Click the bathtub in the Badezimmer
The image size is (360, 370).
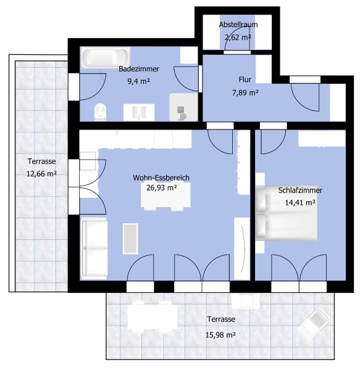pos(106,57)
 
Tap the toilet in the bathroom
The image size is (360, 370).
pos(101,112)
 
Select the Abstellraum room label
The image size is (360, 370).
pos(238,25)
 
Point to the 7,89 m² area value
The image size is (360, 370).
pos(245,92)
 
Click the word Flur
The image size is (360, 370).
pos(245,80)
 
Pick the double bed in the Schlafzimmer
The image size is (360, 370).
pos(287,213)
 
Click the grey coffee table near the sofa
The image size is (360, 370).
pos(130,239)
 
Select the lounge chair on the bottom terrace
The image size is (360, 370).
pos(314,323)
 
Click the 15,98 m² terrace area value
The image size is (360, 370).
pos(220,335)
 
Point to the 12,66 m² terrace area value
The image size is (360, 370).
pos(41,174)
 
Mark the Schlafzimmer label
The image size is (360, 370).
pos(300,190)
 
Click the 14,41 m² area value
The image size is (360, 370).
pos(300,202)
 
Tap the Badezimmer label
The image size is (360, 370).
pos(139,69)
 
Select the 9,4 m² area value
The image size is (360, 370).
pos(139,81)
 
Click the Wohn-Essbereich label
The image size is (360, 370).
pos(161,178)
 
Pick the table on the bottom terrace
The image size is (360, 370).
pos(153,316)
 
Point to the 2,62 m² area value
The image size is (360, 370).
pos(238,37)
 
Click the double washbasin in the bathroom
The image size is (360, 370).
pos(139,112)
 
